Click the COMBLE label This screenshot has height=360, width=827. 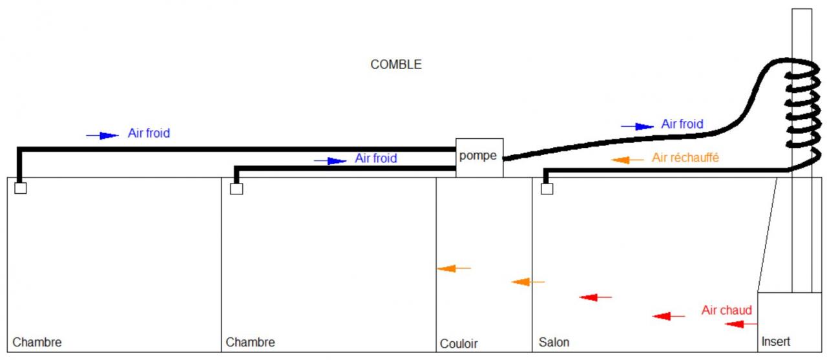tap(395, 65)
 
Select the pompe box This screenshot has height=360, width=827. tap(479, 157)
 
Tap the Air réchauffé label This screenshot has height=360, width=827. tap(686, 157)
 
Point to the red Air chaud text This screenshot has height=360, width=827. tap(726, 311)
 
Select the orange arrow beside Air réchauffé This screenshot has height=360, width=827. tap(627, 160)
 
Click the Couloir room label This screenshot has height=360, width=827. tap(459, 344)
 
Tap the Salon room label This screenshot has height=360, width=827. tap(554, 342)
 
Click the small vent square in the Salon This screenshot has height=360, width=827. tap(547, 189)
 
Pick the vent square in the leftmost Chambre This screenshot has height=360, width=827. tap(21, 189)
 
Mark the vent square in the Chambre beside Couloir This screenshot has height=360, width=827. tap(236, 189)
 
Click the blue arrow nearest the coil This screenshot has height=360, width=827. tap(638, 126)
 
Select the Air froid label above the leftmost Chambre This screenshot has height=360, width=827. tap(149, 133)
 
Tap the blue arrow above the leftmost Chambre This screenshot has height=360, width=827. tap(103, 135)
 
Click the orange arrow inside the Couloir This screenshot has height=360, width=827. tap(454, 268)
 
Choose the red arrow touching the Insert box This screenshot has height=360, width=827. tap(740, 324)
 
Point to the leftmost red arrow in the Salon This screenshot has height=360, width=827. tap(595, 297)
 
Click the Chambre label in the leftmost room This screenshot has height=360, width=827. tap(37, 342)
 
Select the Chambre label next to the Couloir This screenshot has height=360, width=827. tap(250, 342)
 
